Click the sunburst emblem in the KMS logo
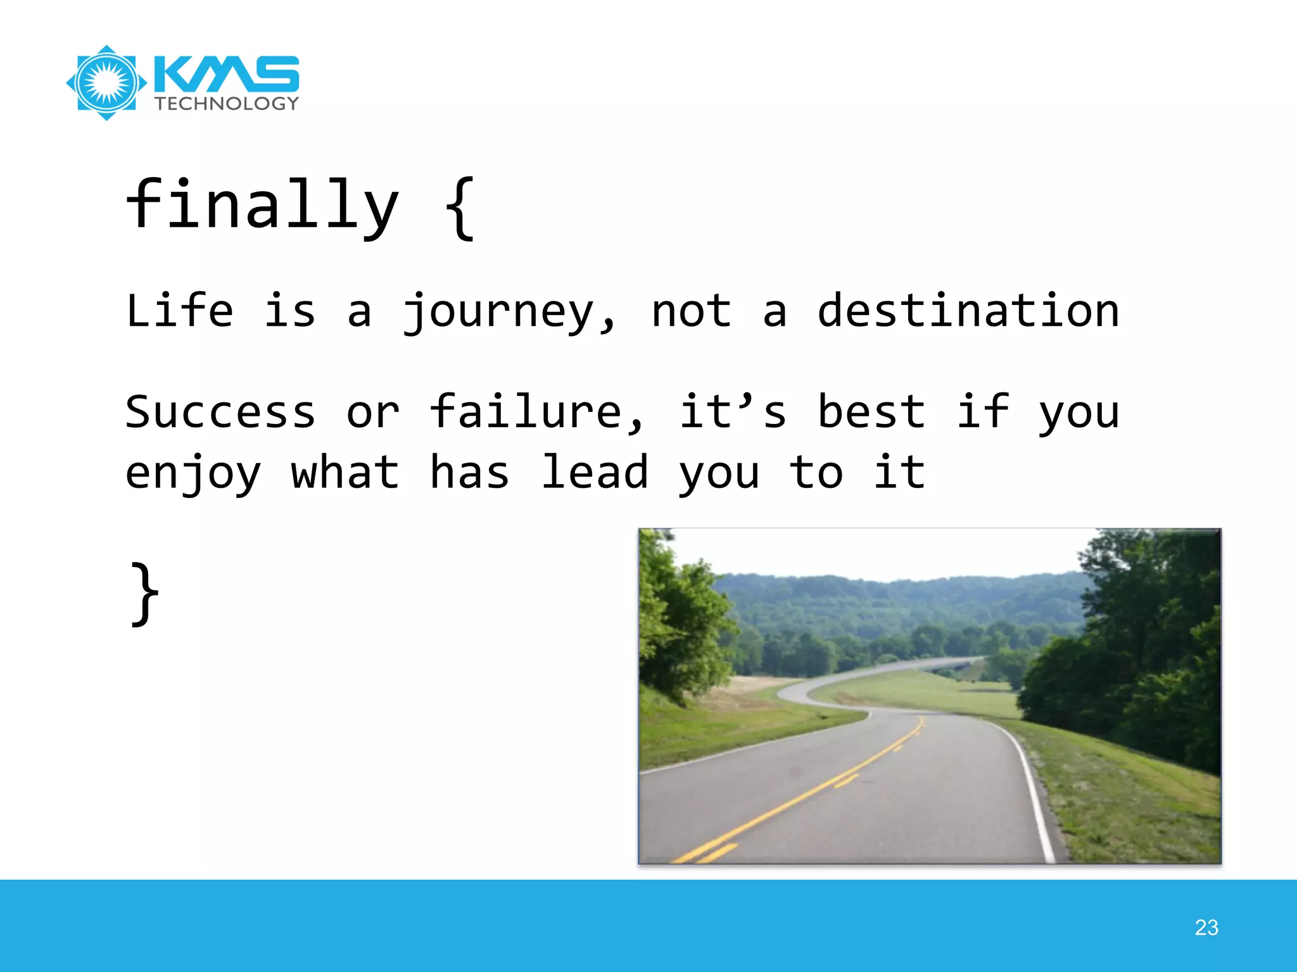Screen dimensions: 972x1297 (106, 83)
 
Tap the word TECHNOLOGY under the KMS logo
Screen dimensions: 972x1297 (227, 104)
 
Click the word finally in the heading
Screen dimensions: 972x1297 (262, 205)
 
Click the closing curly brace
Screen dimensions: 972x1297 (145, 594)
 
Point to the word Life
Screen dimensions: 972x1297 (179, 311)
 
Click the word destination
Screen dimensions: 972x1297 (968, 311)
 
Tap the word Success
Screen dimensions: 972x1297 (220, 412)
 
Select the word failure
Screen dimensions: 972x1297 (536, 412)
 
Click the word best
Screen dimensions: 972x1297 (871, 412)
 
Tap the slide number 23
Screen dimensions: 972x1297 (1206, 928)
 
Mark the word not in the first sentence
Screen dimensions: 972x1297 (692, 311)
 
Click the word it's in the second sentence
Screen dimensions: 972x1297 (733, 412)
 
